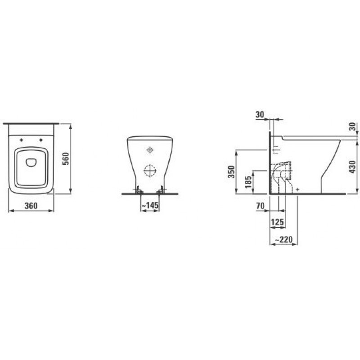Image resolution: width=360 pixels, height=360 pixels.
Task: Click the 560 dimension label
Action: pyautogui.click(x=65, y=159)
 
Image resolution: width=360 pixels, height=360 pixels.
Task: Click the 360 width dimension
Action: pyautogui.click(x=31, y=206)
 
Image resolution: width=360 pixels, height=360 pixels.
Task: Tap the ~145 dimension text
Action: pyautogui.click(x=150, y=205)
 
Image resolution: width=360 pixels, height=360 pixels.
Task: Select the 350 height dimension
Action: pyautogui.click(x=232, y=172)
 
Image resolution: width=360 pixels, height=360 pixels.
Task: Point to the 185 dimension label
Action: pyautogui.click(x=248, y=182)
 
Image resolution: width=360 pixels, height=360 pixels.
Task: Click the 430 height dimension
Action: pyautogui.click(x=352, y=166)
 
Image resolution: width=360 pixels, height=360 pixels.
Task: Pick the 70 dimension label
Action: pyautogui.click(x=261, y=206)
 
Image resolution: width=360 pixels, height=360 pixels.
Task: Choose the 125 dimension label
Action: pyautogui.click(x=278, y=222)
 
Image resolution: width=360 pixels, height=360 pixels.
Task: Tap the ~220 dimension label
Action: pyautogui.click(x=284, y=240)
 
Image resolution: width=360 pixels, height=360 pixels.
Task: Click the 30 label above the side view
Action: pyautogui.click(x=260, y=114)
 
